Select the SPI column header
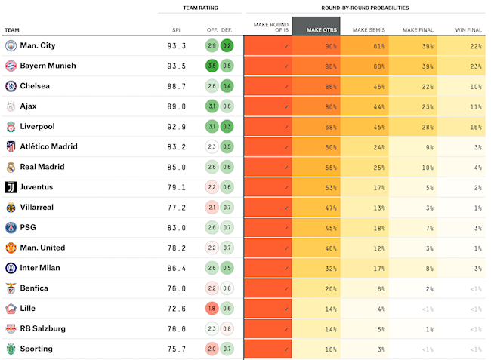click(176, 30)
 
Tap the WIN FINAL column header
click(468, 30)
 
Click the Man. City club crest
click(11, 45)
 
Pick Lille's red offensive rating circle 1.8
click(212, 309)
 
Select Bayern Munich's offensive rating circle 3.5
click(212, 66)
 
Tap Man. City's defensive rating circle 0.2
click(227, 45)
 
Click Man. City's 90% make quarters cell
click(316, 46)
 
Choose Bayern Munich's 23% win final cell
click(462, 66)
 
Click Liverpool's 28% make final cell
click(412, 127)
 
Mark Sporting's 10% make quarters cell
click(316, 349)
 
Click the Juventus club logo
click(11, 187)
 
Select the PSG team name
click(28, 227)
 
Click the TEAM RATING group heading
click(200, 7)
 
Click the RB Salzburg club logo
click(11, 328)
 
